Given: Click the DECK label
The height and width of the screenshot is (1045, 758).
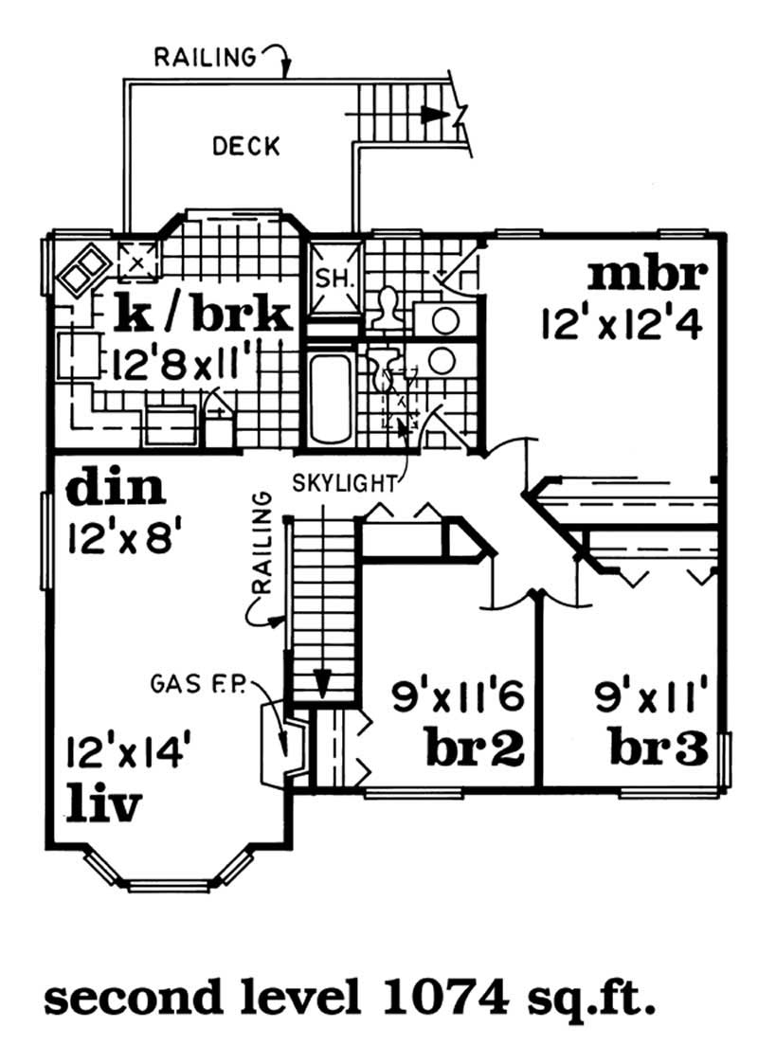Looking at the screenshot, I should coord(245,146).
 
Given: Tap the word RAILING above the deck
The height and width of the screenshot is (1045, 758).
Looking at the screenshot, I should coord(206,58).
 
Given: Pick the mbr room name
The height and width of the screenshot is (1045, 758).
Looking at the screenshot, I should coord(647,275).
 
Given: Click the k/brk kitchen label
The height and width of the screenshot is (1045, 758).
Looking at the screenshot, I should coord(201,314).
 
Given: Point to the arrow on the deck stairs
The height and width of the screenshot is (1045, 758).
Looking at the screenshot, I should coord(433,113).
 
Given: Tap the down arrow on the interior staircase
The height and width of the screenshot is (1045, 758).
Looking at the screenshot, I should coord(323,681).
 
